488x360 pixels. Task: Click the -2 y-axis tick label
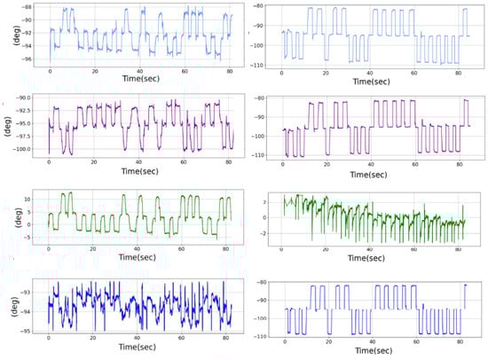[x=268, y=240]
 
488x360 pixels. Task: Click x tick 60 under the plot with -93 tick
[x=185, y=340]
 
